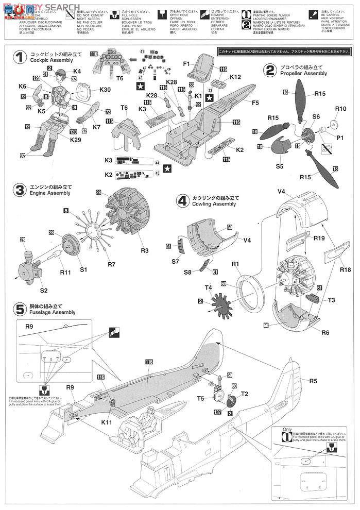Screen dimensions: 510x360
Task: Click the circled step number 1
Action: tap(20, 58)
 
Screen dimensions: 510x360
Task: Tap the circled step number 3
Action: tap(19, 190)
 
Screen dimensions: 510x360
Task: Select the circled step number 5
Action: tap(20, 309)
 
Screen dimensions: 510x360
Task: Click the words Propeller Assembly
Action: tap(304, 74)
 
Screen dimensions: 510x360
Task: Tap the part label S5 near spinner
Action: tap(279, 166)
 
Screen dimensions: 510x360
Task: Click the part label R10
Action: tap(340, 109)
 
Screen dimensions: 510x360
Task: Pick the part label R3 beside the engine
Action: tap(144, 251)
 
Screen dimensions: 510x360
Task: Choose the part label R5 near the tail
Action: tap(313, 382)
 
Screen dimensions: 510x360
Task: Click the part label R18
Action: tap(345, 269)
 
